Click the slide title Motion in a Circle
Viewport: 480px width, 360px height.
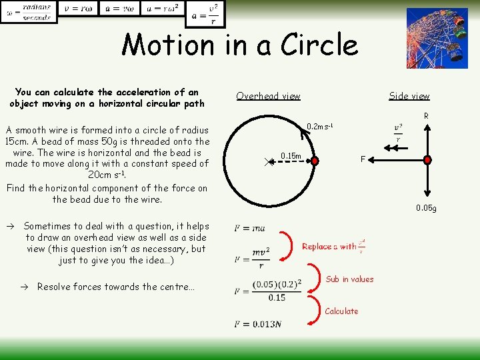[x=239, y=45]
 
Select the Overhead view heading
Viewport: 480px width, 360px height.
[x=268, y=96]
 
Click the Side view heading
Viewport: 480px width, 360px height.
[x=409, y=96]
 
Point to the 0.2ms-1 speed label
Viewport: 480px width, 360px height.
[x=319, y=127]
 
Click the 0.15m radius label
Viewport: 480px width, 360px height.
[x=291, y=156]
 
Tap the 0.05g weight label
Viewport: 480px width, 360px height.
[x=426, y=208]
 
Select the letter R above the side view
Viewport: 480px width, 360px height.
[x=426, y=116]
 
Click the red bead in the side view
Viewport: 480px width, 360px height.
[x=427, y=159]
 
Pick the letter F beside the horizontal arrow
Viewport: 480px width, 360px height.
[x=363, y=159]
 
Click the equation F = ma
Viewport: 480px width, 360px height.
[x=250, y=229]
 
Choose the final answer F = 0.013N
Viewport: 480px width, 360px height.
[x=258, y=324]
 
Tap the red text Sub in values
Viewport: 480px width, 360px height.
[x=349, y=279]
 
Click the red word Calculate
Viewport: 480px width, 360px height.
[x=341, y=311]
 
